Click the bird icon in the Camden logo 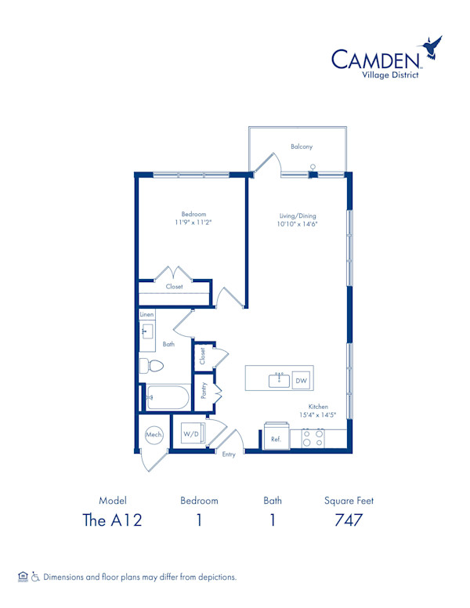[x=431, y=50]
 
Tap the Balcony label [x=302, y=147]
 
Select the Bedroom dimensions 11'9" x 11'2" [x=193, y=223]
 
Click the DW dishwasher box [x=302, y=381]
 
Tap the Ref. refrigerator [x=276, y=440]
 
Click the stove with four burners [x=313, y=438]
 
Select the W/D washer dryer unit [x=191, y=433]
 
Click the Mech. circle [x=154, y=434]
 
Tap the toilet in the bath [x=151, y=366]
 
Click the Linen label [x=146, y=314]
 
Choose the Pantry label [x=204, y=391]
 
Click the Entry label [x=229, y=454]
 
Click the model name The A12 [x=113, y=520]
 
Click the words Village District [x=386, y=75]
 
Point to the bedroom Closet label [x=174, y=287]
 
